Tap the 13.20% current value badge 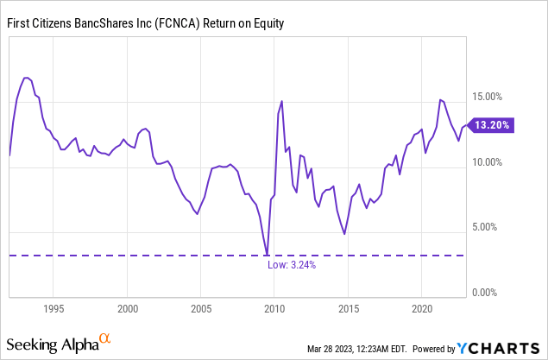point(492,125)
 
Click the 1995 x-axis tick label point(54,308)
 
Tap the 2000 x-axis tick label point(128,308)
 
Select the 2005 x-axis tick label point(201,308)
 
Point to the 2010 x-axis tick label point(274,308)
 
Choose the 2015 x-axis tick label point(349,308)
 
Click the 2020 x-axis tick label point(422,308)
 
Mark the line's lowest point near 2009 point(267,255)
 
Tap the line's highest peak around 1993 point(26,78)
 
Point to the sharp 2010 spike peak point(281,102)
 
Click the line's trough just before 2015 point(344,234)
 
